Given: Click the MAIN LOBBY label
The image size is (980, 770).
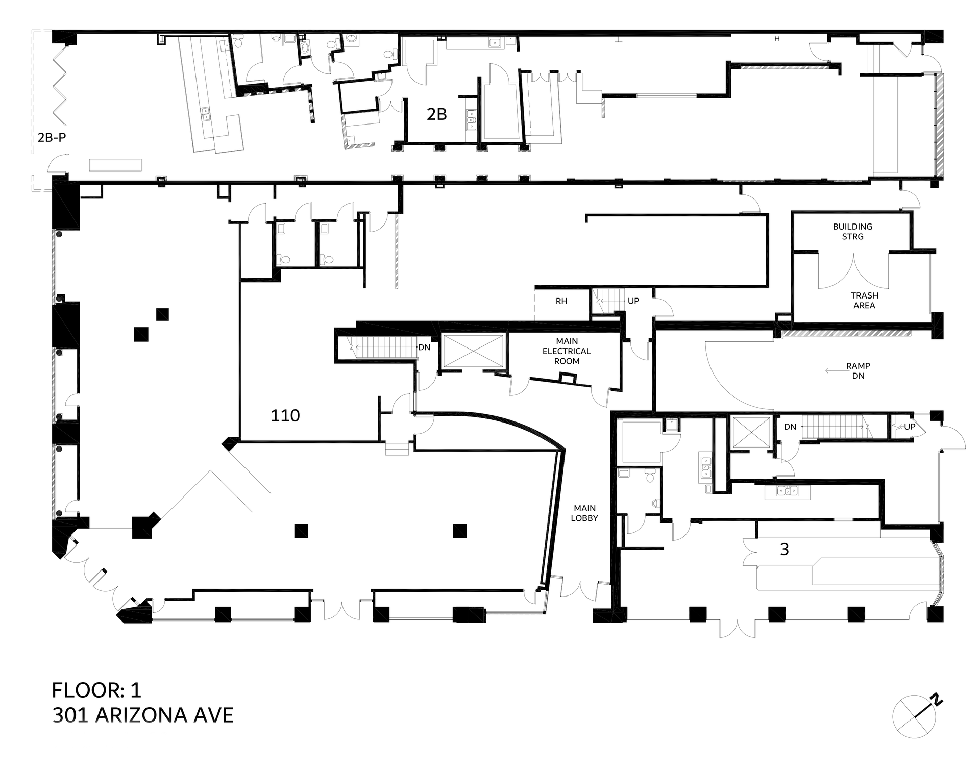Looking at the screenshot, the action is tap(584, 513).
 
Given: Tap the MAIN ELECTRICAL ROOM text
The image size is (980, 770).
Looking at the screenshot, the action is tap(567, 351).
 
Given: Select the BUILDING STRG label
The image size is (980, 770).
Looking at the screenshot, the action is tap(852, 231).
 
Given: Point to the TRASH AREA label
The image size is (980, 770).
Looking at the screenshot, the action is tap(864, 300).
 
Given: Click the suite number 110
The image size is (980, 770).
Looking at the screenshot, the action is tap(285, 416).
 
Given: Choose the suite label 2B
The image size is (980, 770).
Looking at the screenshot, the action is tap(436, 114).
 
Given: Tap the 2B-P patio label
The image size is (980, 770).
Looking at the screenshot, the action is tap(52, 137).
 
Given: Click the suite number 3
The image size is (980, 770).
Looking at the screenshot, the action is tap(785, 550).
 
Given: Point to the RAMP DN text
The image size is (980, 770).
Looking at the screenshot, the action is tap(858, 371).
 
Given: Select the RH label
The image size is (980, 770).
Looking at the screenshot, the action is tap(561, 301).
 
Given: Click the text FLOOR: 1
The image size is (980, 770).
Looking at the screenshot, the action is tap(96, 690).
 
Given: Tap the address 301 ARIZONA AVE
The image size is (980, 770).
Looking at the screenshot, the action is tap(143, 715).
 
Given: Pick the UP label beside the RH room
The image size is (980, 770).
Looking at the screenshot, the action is tap(633, 301).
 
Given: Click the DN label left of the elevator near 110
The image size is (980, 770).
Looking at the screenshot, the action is tap(424, 347).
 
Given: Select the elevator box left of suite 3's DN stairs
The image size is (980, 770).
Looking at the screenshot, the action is tap(751, 432).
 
